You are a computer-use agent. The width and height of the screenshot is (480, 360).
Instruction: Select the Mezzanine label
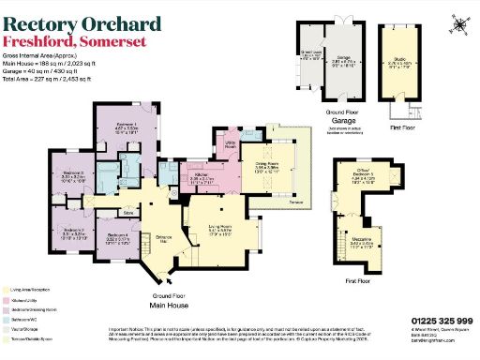pyautogui.click(x=371, y=247)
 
